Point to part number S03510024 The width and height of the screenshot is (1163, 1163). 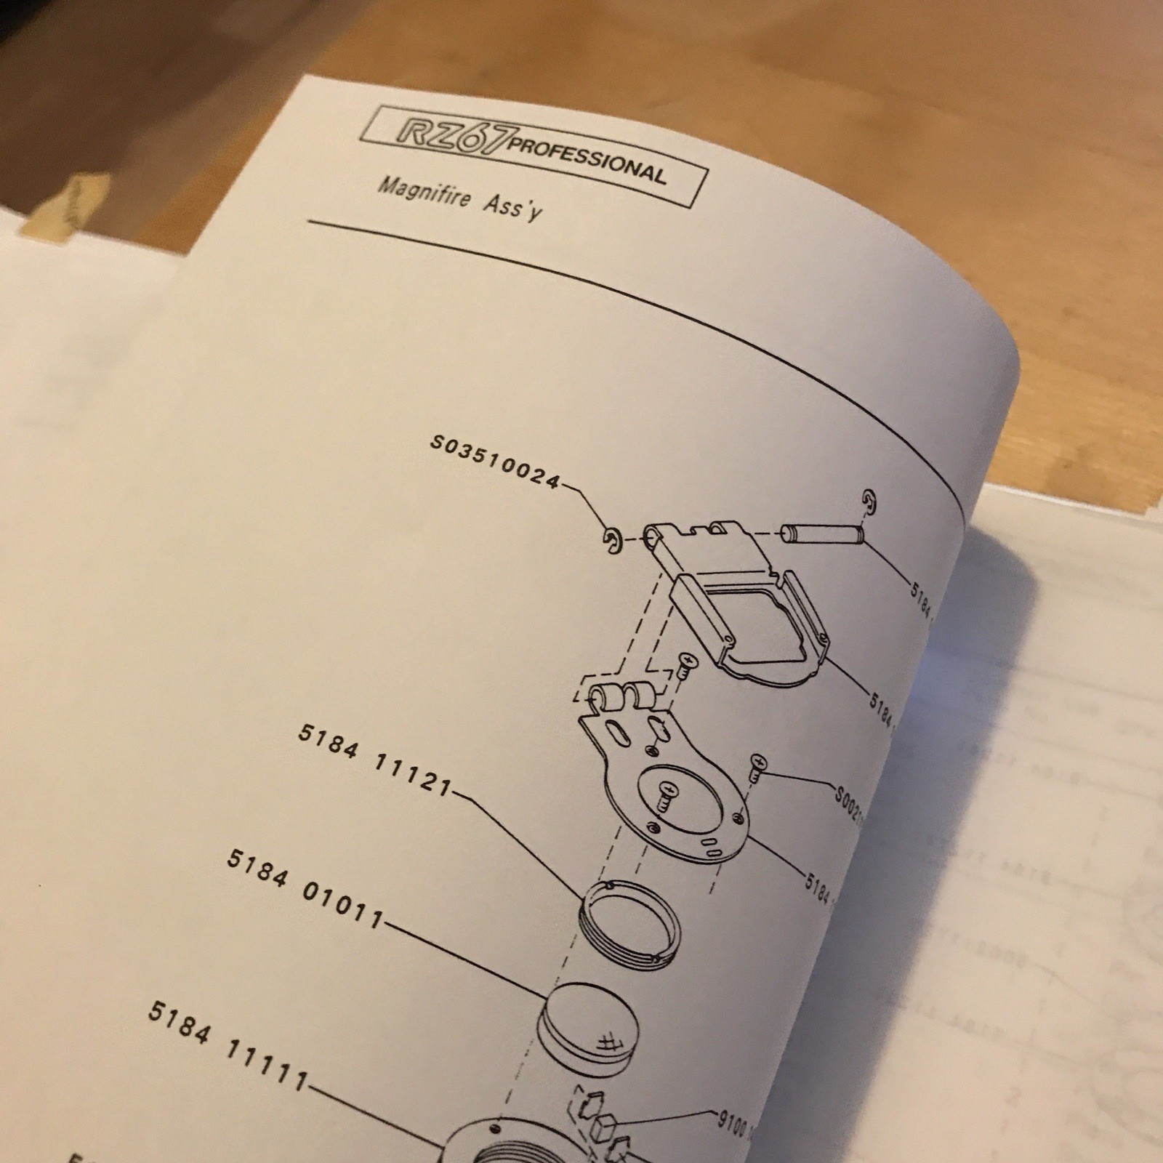[494, 462]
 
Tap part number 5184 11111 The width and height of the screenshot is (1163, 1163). [228, 1044]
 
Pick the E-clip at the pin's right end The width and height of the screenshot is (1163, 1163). [869, 501]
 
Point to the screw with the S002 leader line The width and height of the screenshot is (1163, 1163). [757, 765]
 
